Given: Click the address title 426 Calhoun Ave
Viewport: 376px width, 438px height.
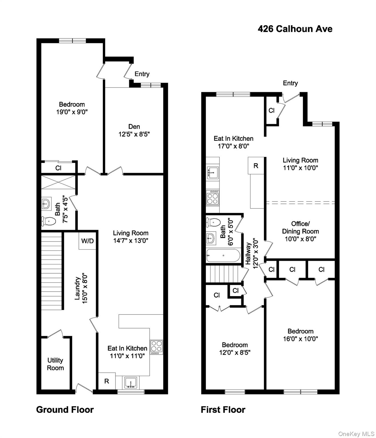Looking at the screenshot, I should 295,29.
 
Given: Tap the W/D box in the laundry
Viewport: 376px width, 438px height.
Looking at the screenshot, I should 87,241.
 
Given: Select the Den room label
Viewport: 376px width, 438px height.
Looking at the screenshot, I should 134,127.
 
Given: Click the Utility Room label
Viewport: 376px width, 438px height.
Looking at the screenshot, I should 55,364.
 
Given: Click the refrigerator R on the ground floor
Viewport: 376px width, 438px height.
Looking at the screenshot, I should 107,381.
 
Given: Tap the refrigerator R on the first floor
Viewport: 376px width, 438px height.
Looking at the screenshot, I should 256,165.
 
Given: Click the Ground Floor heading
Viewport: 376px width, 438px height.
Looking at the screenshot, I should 65,410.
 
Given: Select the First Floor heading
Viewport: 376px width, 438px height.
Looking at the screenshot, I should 223,410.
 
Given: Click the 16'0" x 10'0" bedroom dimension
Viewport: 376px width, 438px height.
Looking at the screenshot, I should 300,339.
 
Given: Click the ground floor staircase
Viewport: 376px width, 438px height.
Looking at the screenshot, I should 52,271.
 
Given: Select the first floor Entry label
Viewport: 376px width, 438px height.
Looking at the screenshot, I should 290,83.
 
